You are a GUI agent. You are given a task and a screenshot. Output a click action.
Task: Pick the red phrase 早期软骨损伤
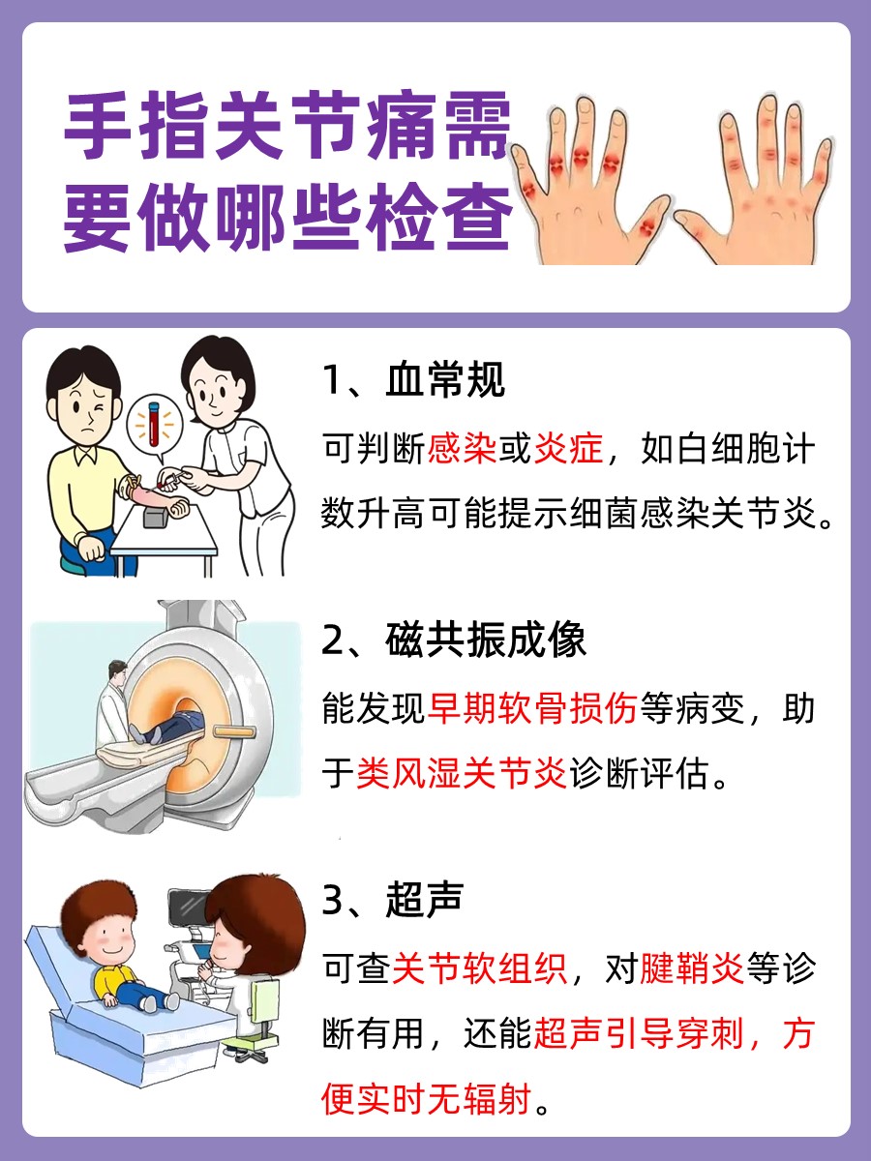533,709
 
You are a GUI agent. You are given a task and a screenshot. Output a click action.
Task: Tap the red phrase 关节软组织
479,968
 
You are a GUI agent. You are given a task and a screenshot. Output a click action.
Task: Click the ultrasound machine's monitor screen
186,907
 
